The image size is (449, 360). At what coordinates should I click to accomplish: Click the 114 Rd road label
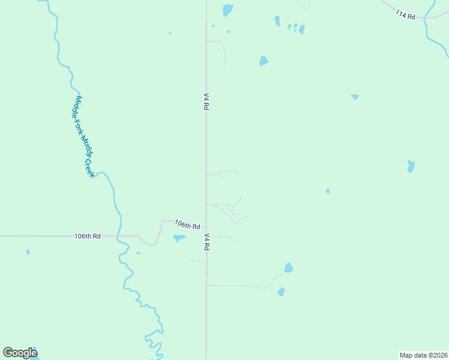pos(406,14)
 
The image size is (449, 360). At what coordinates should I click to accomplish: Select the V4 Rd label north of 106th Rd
pos(206,101)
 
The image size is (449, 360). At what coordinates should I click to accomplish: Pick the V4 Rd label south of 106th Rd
pos(206,242)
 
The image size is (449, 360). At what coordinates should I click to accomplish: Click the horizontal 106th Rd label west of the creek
pos(88,236)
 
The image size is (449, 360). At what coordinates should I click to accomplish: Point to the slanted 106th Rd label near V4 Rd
pos(187,224)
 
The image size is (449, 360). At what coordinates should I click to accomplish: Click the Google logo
pos(20,353)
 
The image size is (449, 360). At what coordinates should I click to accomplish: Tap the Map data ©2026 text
pos(423,355)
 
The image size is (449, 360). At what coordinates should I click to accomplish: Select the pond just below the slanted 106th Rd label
pos(179,238)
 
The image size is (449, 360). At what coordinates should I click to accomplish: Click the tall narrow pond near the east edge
pos(411,166)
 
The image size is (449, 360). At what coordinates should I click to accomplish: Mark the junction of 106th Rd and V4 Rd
pos(206,228)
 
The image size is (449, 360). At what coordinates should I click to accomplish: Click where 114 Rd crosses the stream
pos(427,18)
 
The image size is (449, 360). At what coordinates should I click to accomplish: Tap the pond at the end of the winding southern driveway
pos(288,268)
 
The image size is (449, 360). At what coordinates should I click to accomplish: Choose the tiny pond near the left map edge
pos(28,252)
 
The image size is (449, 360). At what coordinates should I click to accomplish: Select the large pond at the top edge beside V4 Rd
pos(228,10)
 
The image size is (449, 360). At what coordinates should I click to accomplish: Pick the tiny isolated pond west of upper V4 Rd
pos(170,34)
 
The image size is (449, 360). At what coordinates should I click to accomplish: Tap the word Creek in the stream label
pos(90,167)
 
